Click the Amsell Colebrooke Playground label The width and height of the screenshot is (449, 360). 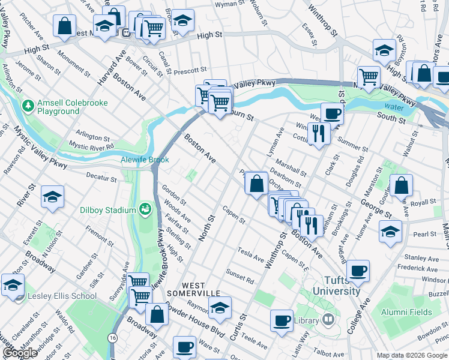72,107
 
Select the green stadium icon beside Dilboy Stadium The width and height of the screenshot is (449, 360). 145,209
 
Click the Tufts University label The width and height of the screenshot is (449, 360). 334,286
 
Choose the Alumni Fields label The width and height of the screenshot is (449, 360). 408,312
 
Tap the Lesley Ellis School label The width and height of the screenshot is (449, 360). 62,296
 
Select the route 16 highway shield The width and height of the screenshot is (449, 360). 113,338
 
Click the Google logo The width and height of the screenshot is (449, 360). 20,353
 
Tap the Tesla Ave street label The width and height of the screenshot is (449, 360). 250,254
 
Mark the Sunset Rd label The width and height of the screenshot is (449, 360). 240,277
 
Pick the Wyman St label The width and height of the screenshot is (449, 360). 229,4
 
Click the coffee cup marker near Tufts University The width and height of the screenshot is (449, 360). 358,271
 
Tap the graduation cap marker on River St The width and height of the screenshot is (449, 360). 53,196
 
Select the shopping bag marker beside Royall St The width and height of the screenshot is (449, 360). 401,185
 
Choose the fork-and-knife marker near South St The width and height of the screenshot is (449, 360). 318,133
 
